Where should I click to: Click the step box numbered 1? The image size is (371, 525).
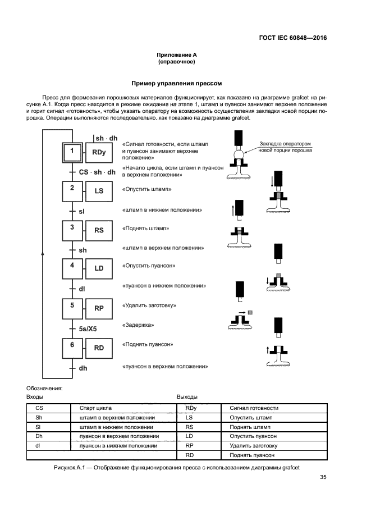click(72, 152)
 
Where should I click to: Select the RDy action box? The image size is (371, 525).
click(99, 152)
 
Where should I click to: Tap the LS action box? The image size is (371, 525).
click(99, 191)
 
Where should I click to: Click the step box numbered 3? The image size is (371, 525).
click(72, 230)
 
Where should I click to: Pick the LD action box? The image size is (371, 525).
click(99, 268)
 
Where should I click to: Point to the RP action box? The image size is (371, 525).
click(99, 308)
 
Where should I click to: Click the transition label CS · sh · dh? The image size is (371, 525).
click(97, 172)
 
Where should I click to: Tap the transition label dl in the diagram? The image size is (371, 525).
click(82, 289)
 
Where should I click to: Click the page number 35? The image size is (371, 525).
click(323, 477)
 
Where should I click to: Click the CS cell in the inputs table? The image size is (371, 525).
click(39, 408)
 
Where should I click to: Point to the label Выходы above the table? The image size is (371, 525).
click(187, 397)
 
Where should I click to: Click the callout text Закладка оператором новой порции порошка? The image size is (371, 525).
click(286, 147)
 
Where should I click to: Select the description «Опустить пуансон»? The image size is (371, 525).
click(149, 265)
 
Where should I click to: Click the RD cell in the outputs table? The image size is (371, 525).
click(189, 455)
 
